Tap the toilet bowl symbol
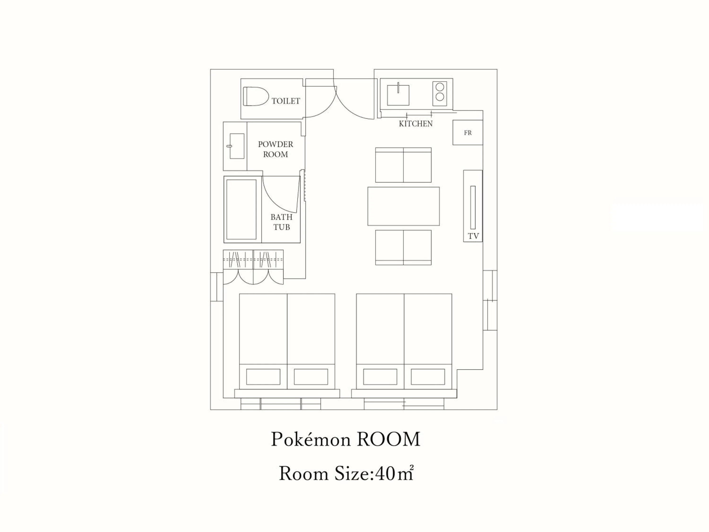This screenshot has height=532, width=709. [255, 96]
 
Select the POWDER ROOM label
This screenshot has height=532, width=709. [275, 149]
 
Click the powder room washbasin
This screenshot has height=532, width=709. [237, 146]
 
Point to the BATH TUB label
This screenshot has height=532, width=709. [281, 222]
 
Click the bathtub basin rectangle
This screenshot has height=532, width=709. [241, 209]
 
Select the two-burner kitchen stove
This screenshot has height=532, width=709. [440, 92]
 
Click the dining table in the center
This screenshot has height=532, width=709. [403, 206]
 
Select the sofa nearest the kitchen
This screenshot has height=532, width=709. [403, 165]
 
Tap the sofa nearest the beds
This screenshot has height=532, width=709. [403, 247]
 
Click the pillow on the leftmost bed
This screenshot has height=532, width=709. [263, 377]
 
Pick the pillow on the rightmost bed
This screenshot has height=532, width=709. [428, 377]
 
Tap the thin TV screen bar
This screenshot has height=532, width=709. [473, 207]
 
